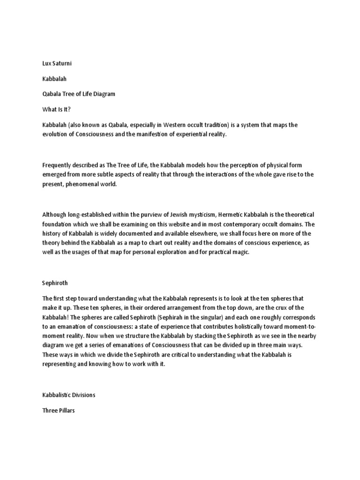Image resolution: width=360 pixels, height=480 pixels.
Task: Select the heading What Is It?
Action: [x=56, y=110]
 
